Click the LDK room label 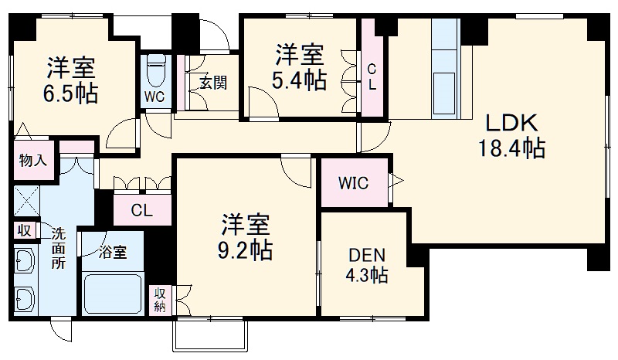click(511, 124)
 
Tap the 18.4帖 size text click(511, 148)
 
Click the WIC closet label click(352, 183)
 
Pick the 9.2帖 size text click(246, 251)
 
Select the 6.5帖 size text click(70, 93)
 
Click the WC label click(154, 97)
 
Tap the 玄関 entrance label click(212, 83)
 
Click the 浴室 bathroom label click(112, 251)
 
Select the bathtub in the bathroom click(116, 293)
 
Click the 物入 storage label click(34, 161)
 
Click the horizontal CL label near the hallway click(141, 209)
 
